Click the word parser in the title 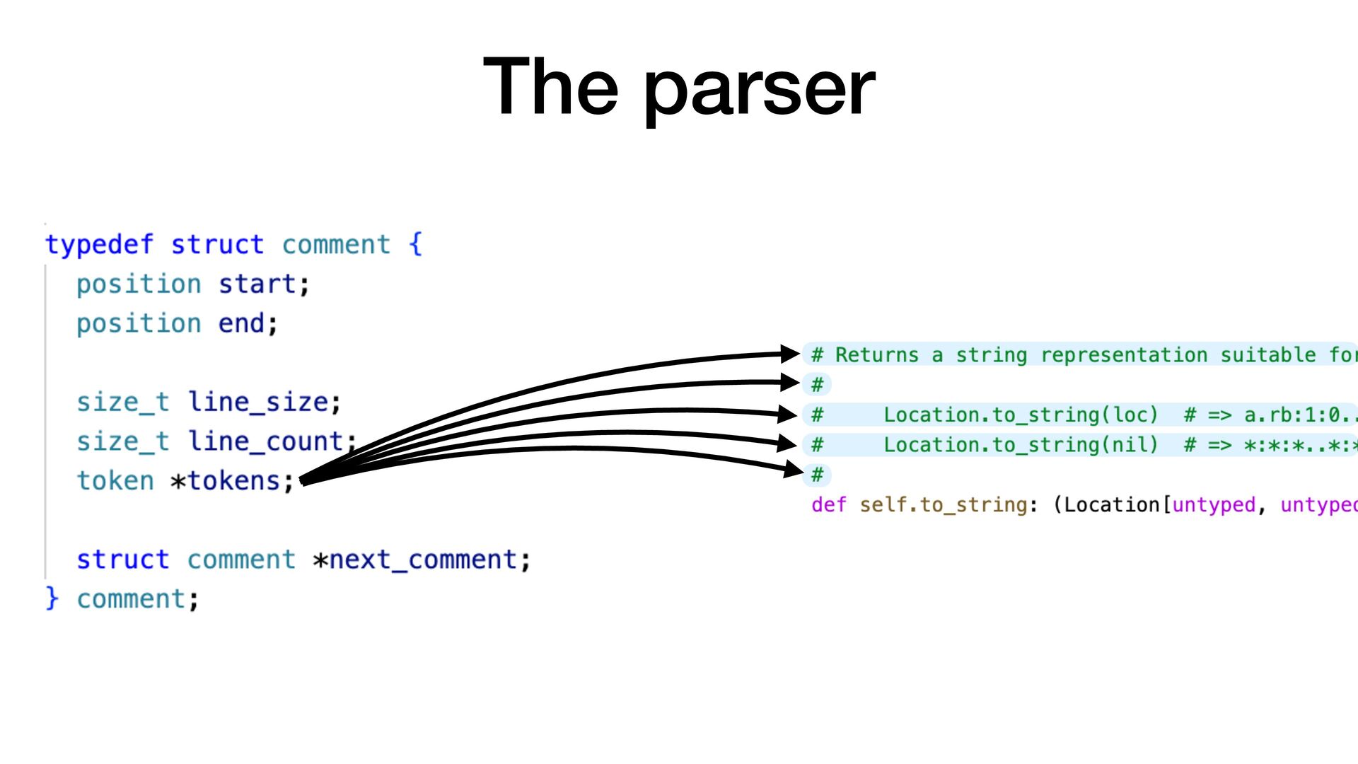coord(760,89)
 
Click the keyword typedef coord(99,245)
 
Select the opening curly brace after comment coord(416,245)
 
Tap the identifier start coord(257,284)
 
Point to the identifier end coord(241,324)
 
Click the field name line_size coord(258,403)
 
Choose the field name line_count coord(266,442)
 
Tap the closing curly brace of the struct coord(52,598)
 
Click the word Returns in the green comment coord(876,355)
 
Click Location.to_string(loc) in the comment coord(1020,415)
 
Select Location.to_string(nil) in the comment coord(1020,445)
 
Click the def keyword coord(828,505)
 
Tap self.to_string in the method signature coord(943,505)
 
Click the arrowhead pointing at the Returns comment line coord(790,353)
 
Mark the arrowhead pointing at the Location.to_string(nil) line coord(787,444)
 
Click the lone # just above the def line coord(818,475)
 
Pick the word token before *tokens coord(115,482)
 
